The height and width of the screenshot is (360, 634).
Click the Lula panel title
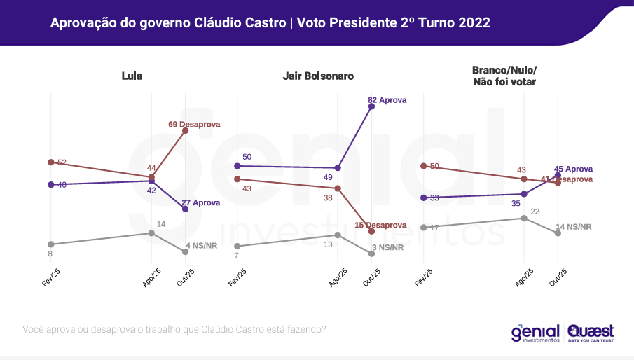pos(132,76)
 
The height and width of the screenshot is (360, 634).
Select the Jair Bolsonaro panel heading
pos(318,76)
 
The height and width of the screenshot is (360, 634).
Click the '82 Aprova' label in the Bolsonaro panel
pos(387,100)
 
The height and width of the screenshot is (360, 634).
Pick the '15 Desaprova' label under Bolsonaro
pos(380,225)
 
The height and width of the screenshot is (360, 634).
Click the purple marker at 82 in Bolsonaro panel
pos(371,106)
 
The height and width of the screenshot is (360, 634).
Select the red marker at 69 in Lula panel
pos(185,130)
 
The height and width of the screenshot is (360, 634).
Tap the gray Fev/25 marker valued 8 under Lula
pos(50,244)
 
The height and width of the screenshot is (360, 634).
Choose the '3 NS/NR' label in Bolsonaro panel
pos(388,247)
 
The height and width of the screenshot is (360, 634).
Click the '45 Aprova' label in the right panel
pos(573,169)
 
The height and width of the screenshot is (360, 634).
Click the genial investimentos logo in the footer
pos(535,332)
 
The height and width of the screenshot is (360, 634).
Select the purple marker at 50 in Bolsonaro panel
pos(237,166)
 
